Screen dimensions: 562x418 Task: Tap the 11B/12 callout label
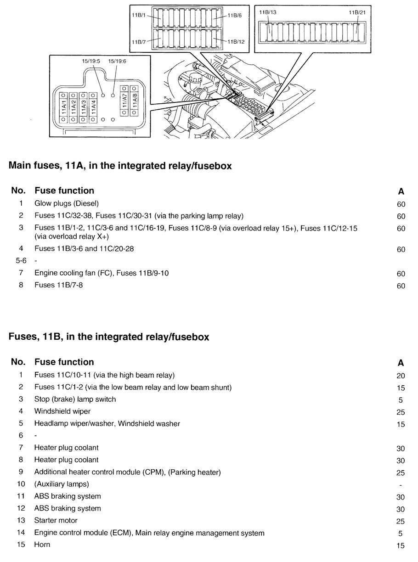[235, 42]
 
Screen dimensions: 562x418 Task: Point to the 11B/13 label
[267, 12]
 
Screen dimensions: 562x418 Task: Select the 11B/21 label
[357, 12]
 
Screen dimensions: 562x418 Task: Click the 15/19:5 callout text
[91, 61]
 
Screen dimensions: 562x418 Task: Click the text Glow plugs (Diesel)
[67, 203]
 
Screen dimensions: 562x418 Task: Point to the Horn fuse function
[42, 545]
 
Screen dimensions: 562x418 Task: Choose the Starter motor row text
[56, 520]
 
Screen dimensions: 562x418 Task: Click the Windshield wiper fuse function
[62, 411]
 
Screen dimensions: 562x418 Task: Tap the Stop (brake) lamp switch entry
[75, 399]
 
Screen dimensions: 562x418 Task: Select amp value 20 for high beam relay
[401, 376]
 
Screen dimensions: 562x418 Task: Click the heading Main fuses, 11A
[120, 166]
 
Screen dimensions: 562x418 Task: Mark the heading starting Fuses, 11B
[109, 337]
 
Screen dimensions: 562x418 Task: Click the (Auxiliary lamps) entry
[62, 484]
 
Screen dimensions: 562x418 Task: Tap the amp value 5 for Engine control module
[401, 534]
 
